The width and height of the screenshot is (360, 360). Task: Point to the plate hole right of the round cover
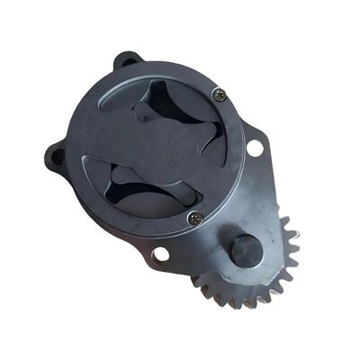coord(255,145)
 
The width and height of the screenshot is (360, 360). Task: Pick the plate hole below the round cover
coord(160,255)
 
